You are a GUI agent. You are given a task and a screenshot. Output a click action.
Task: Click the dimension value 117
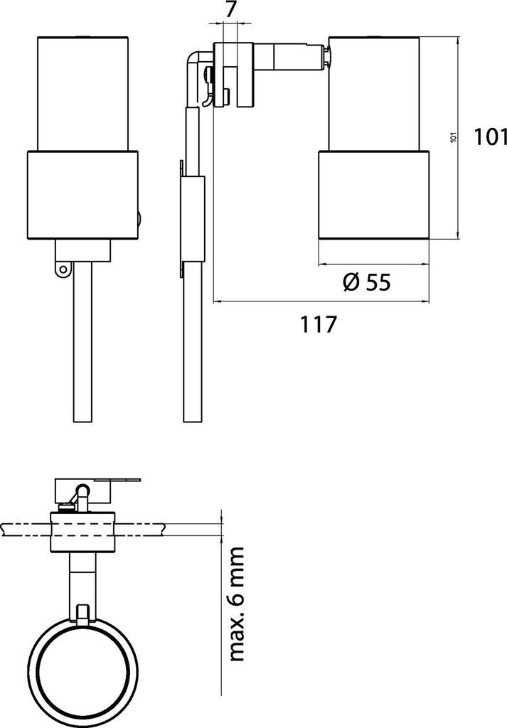coord(318,324)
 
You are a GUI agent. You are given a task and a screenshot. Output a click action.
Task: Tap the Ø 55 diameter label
coord(367,282)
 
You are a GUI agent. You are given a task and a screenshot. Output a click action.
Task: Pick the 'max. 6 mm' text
coord(236,604)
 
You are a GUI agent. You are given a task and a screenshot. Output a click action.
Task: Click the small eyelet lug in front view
coord(63,268)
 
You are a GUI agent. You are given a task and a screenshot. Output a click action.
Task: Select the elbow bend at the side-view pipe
coord(193,60)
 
